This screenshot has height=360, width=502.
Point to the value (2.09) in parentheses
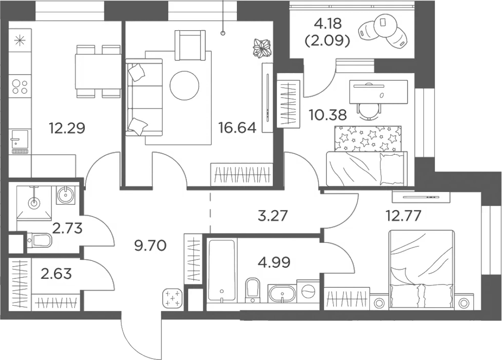[x=327, y=41]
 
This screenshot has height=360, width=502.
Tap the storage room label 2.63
[x=56, y=273]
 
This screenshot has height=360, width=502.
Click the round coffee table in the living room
[x=184, y=85]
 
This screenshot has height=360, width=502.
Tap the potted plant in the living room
[x=262, y=48]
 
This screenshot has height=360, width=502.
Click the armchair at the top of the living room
[x=190, y=44]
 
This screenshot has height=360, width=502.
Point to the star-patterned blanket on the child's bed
[x=367, y=139]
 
